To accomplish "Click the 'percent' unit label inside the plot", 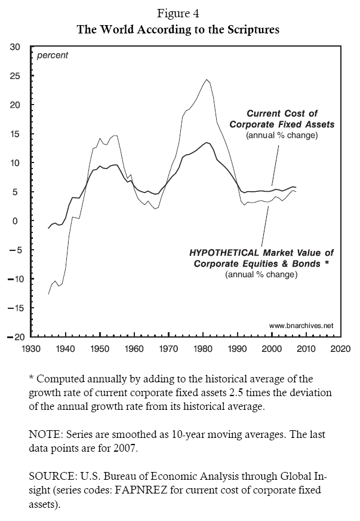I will coord(53,56).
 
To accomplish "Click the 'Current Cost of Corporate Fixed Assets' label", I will coord(282,119).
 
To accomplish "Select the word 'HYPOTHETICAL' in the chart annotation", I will coord(223,253).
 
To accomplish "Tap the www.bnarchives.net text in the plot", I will coord(301,326).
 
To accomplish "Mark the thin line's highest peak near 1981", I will coord(207,79).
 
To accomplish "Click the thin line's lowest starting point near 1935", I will coord(48,294).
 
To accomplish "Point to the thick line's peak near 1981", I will coord(207,142).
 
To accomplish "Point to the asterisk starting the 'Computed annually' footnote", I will coord(30,379).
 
